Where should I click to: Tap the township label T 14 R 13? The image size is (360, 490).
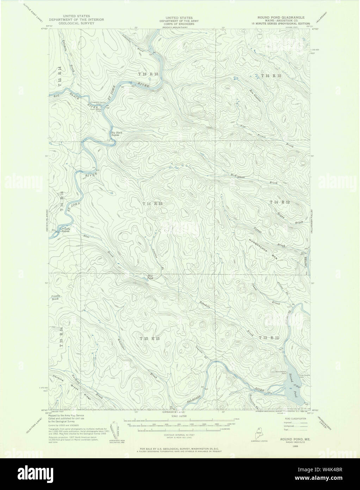(x=152, y=204)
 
